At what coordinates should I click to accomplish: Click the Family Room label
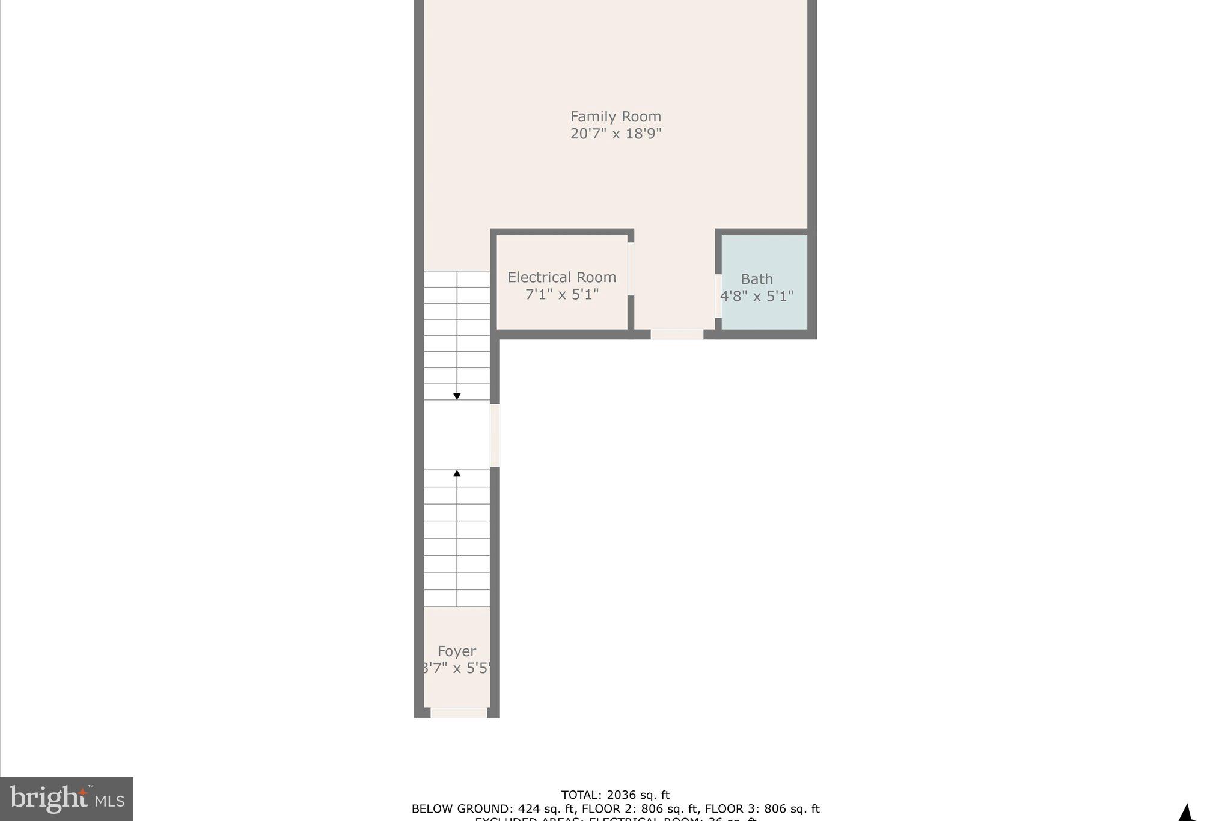[x=615, y=117]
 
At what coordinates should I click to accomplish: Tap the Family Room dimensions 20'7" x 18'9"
[x=615, y=134]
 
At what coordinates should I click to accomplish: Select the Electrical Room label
[x=561, y=277]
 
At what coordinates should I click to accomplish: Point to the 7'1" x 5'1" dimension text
[x=561, y=294]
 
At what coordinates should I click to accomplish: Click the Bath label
[x=756, y=279]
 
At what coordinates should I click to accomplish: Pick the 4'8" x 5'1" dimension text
[x=756, y=296]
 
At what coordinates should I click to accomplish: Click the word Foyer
[x=456, y=651]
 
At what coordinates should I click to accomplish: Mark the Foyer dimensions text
[x=456, y=668]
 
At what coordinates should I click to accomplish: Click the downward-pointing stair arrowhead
[x=457, y=396]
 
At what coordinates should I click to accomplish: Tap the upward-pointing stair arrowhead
[x=457, y=473]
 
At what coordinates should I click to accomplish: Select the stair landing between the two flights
[x=457, y=435]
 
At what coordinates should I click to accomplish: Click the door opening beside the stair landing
[x=495, y=435]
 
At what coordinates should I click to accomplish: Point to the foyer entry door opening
[x=459, y=713]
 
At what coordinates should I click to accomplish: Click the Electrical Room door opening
[x=631, y=269]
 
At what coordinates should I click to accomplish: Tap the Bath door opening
[x=718, y=296]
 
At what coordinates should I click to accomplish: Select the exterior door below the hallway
[x=677, y=334]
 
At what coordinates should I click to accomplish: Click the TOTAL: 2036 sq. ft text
[x=615, y=795]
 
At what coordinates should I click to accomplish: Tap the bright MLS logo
[x=67, y=799]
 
